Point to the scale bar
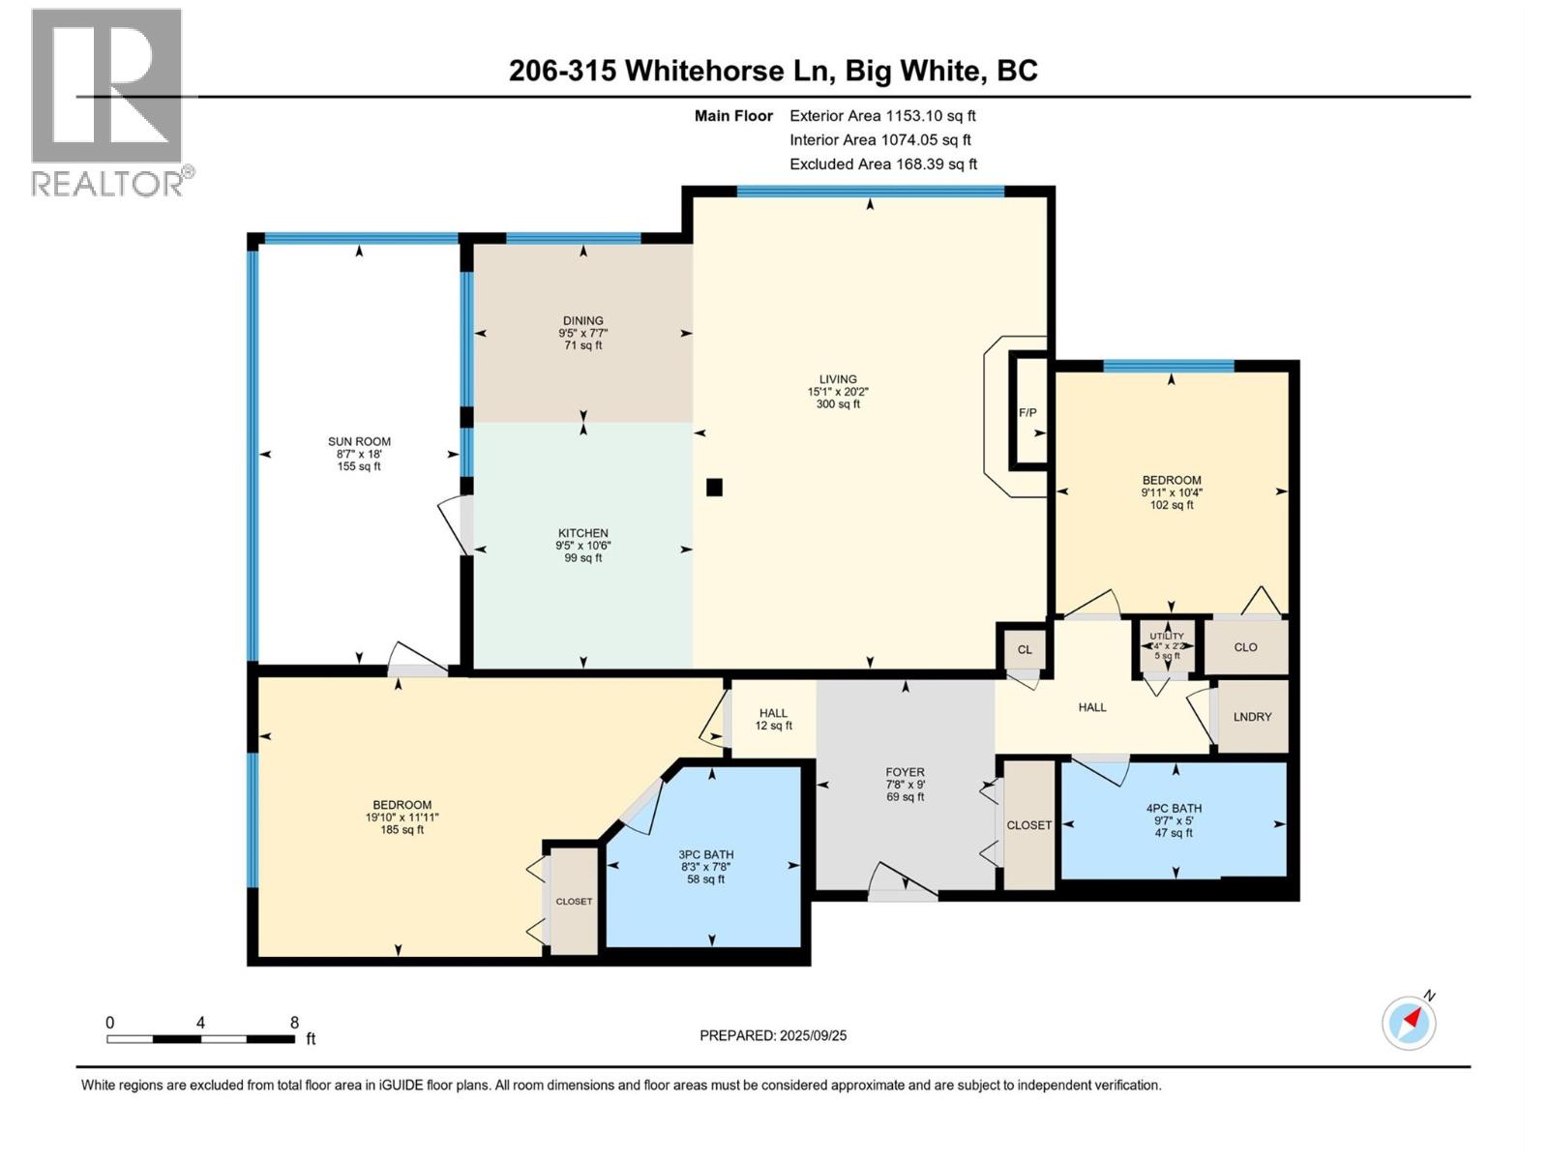201,1039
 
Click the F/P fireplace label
1027,412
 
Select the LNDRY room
1252,716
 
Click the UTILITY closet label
1167,636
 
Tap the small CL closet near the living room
1024,649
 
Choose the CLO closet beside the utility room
1245,647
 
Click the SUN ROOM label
359,442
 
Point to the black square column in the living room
714,487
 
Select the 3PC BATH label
706,854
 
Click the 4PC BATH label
1174,809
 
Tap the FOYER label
905,772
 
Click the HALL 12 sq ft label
774,719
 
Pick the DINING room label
583,321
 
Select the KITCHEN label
583,533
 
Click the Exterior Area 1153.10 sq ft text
882,115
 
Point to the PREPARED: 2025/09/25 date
773,1035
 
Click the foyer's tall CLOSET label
1029,824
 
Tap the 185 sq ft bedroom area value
402,830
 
